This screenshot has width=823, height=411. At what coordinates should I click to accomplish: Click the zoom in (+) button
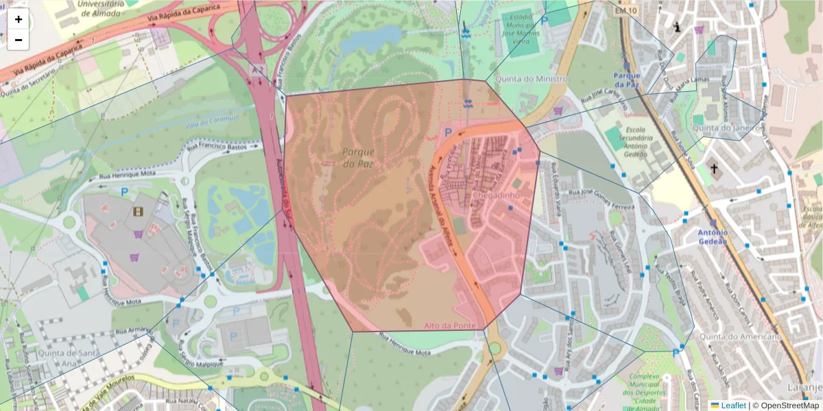(19, 19)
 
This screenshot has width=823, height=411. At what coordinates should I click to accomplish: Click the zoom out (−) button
(19, 40)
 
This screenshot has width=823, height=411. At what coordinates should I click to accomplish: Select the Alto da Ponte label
(450, 325)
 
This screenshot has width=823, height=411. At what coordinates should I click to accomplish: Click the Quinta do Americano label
(740, 336)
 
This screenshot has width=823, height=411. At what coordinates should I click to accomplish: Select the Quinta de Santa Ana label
(69, 358)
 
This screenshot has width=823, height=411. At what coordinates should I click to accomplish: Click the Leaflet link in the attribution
(733, 406)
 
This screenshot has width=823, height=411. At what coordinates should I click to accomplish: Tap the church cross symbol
(713, 169)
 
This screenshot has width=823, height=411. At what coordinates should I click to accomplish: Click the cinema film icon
(139, 212)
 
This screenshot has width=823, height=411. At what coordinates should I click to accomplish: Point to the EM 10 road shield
(625, 11)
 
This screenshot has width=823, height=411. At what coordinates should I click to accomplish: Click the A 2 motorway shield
(257, 69)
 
